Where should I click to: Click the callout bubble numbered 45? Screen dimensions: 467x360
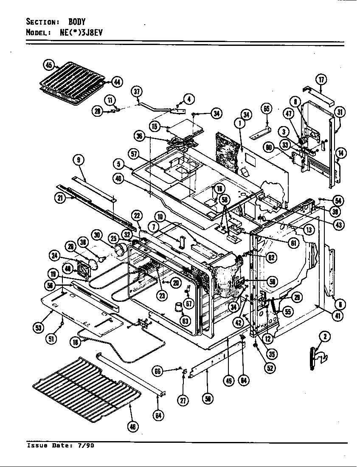(49, 65)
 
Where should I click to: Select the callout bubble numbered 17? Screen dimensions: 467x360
(321, 79)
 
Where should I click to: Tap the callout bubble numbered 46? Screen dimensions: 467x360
(134, 427)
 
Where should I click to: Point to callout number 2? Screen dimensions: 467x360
(325, 337)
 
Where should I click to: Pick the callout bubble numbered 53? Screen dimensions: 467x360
(39, 327)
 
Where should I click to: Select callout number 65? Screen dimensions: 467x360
(267, 109)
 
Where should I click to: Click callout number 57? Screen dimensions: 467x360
(134, 155)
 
